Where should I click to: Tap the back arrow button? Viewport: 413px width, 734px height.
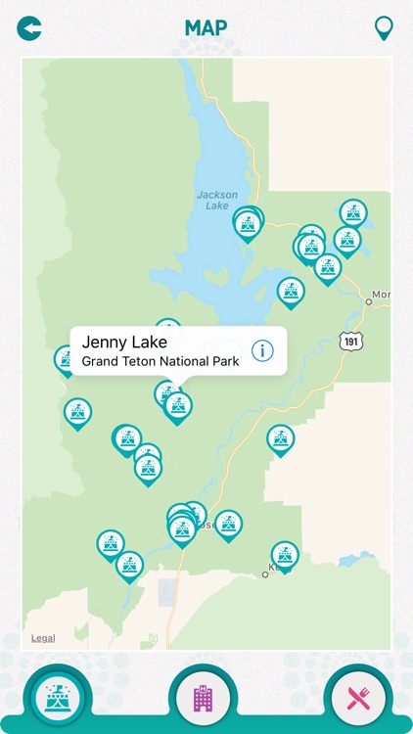click(29, 28)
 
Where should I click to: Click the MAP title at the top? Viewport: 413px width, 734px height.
click(206, 28)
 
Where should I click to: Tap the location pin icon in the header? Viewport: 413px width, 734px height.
click(384, 27)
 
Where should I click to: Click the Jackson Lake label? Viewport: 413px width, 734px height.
click(216, 200)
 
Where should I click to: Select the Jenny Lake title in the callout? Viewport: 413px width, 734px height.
click(124, 342)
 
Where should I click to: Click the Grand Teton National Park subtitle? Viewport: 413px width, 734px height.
click(160, 361)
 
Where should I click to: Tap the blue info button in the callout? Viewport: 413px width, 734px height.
click(262, 350)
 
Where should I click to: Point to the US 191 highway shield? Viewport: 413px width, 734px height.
click(352, 340)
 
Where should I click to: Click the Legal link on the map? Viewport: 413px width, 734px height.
click(43, 638)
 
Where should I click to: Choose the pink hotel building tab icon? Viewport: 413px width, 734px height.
click(204, 698)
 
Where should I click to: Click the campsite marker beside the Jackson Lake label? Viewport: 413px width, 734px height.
click(249, 224)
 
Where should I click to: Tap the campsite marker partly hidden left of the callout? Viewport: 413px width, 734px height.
click(66, 359)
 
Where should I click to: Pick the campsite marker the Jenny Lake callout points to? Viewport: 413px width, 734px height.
click(177, 406)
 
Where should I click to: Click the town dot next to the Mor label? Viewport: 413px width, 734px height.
click(369, 301)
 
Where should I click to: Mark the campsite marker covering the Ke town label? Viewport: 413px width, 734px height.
click(285, 555)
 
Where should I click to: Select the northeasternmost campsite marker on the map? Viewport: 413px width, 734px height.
click(353, 212)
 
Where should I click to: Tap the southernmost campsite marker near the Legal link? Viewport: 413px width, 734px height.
click(129, 565)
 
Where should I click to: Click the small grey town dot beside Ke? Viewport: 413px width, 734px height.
click(264, 574)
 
